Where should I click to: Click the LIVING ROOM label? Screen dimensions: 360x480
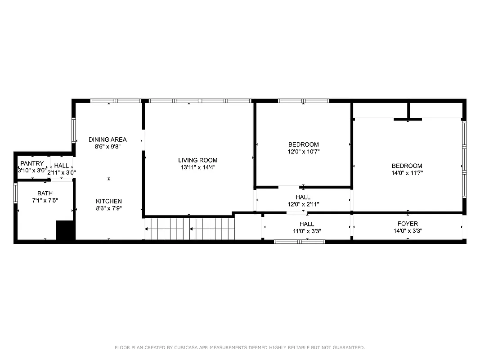(197, 160)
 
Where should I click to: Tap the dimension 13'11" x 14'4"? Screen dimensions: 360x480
(197, 167)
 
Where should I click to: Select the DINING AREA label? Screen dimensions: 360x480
(108, 139)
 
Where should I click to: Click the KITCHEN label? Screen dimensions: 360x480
(108, 201)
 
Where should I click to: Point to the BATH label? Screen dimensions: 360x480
(45, 193)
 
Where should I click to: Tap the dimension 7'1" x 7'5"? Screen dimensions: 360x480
(45, 200)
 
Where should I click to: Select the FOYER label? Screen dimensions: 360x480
(408, 224)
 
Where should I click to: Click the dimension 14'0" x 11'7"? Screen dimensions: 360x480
(407, 173)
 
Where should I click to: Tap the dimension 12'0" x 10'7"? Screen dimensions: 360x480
(303, 152)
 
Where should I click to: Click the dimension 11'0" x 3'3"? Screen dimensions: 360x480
(307, 231)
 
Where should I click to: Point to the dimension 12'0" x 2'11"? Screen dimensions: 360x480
(303, 204)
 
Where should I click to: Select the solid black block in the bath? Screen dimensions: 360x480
(64, 230)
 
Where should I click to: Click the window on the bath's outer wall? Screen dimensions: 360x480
(16, 192)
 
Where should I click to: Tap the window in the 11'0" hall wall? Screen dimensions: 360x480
(300, 242)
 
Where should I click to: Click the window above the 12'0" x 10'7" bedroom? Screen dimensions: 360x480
(304, 101)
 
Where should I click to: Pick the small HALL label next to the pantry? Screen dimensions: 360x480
(62, 166)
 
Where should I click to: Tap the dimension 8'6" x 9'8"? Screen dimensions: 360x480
(108, 147)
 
